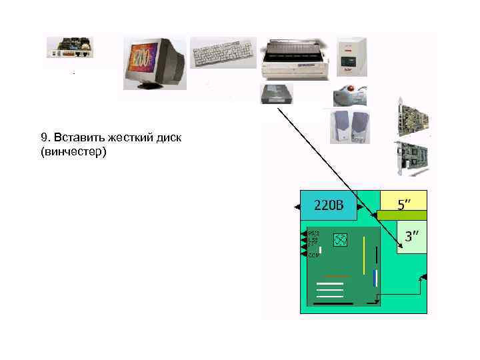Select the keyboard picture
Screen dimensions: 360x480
pyautogui.click(x=223, y=52)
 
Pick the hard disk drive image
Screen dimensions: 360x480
pyautogui.click(x=276, y=94)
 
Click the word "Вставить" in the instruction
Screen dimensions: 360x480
pyautogui.click(x=75, y=137)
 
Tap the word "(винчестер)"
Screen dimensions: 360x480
pyautogui.click(x=73, y=152)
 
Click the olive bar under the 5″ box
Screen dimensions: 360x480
pyautogui.click(x=402, y=215)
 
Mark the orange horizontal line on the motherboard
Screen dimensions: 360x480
pyautogui.click(x=336, y=275)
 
